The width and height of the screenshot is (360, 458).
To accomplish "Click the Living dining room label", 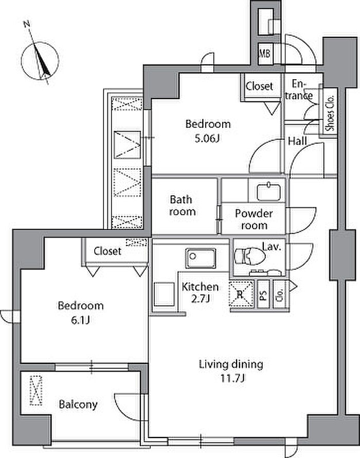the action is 231,364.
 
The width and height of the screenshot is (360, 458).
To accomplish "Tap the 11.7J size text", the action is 232,379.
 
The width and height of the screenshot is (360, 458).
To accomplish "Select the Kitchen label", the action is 200,287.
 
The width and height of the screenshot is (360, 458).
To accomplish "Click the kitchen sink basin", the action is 201,258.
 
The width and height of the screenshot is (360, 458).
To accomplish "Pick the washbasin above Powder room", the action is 268,191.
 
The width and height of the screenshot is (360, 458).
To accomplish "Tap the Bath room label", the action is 182,206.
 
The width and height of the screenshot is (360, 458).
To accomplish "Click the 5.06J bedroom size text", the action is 207,138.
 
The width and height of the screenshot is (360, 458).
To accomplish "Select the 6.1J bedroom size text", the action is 80,321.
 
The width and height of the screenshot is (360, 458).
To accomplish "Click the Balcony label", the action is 78,404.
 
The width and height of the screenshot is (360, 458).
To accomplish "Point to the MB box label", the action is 265,54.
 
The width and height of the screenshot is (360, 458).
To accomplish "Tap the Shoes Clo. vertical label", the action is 330,113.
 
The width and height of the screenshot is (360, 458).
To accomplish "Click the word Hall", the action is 297,142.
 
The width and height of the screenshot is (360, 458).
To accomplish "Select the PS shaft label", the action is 263,294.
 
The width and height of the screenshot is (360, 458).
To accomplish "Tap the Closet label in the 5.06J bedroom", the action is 259,86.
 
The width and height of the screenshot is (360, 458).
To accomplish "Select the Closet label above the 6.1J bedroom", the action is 107,251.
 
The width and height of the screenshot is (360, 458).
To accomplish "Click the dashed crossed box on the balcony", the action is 36,391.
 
